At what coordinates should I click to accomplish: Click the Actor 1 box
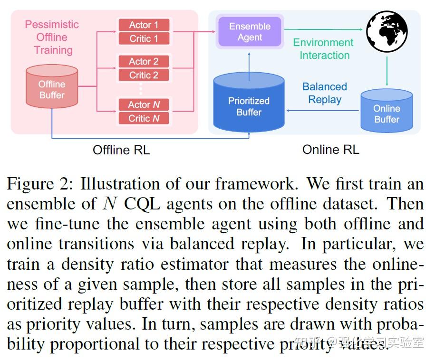pos(144,25)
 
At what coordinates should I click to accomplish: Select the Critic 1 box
pos(144,38)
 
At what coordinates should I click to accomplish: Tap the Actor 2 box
pos(144,61)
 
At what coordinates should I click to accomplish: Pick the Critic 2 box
pos(144,75)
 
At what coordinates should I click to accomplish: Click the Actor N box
pos(144,104)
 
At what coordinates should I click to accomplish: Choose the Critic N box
pos(144,118)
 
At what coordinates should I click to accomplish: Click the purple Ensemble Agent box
pos(250,31)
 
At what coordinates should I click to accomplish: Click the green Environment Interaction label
pos(323,49)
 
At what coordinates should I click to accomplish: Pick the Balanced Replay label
pos(325,93)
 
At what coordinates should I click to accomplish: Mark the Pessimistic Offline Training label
pos(52,37)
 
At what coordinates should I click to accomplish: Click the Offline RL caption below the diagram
pos(121,150)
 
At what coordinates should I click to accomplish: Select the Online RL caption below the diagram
pos(331,150)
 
